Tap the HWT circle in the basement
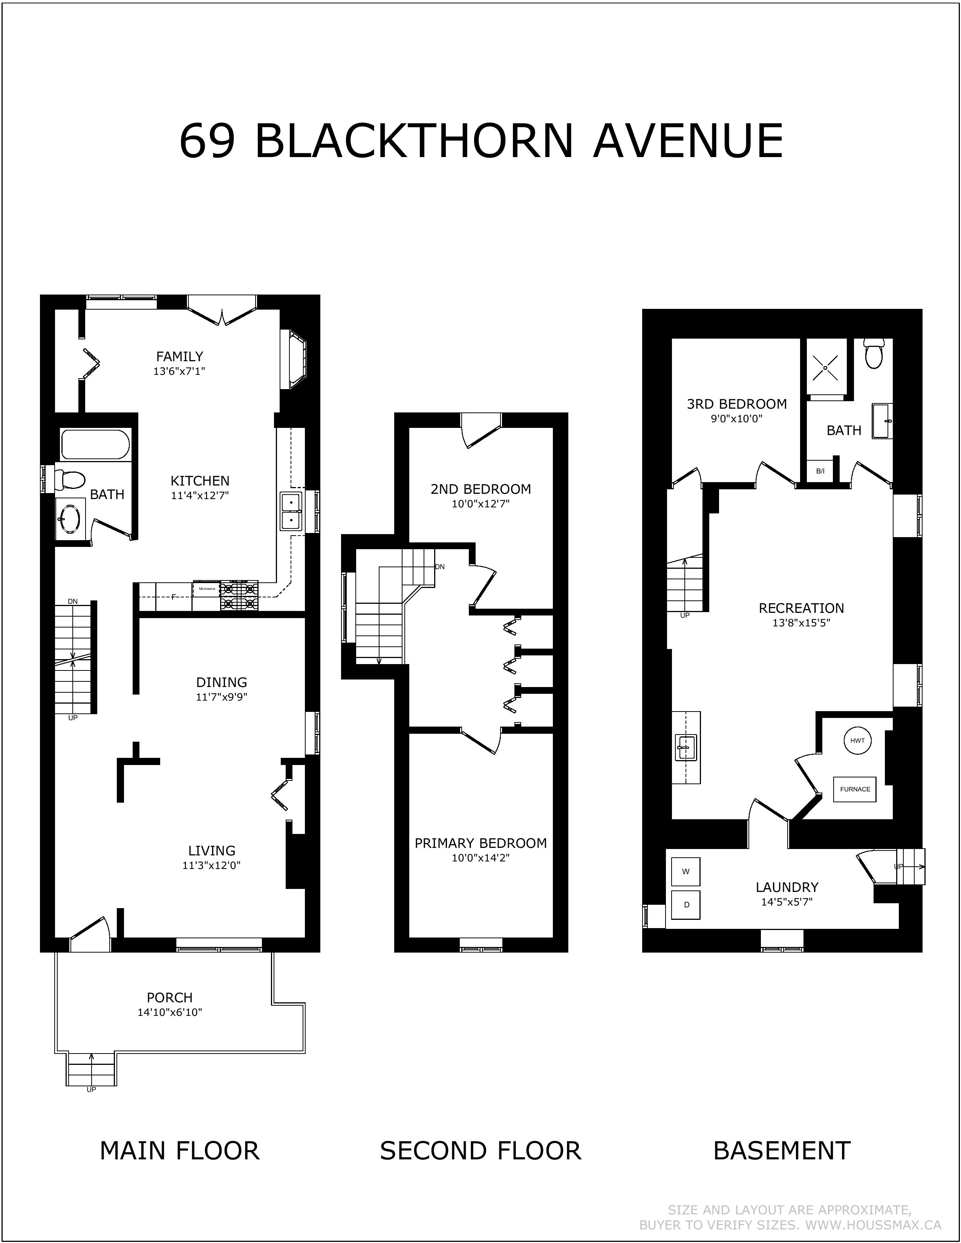[x=857, y=741]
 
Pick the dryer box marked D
[x=686, y=904]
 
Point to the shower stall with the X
[x=825, y=367]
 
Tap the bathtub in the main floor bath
[x=95, y=444]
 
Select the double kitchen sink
[x=291, y=512]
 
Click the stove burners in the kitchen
[x=239, y=596]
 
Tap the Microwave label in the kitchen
[x=207, y=588]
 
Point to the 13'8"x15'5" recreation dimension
[x=801, y=623]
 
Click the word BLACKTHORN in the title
[x=414, y=140]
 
